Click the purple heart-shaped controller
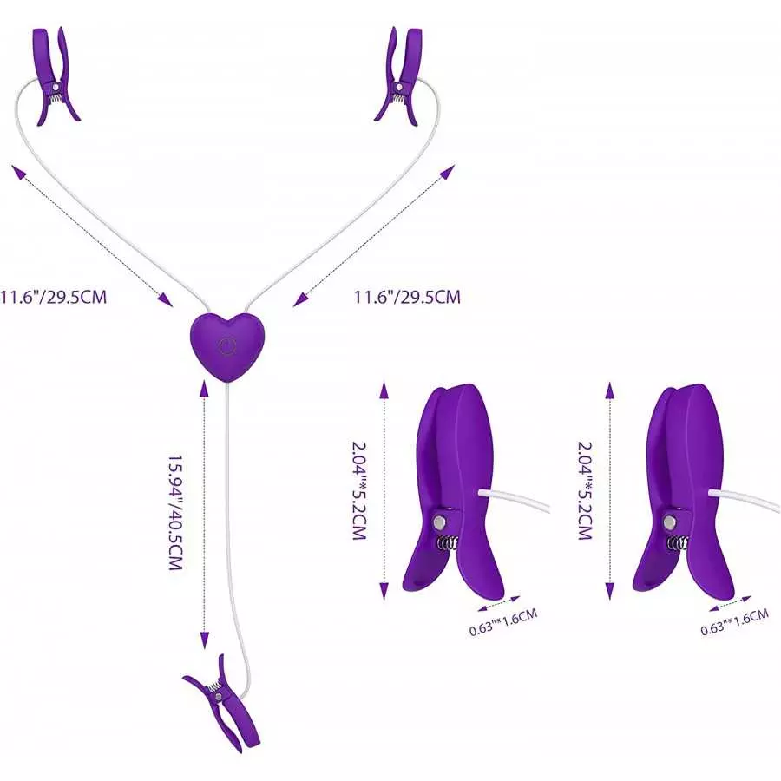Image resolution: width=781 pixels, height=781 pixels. click(227, 347)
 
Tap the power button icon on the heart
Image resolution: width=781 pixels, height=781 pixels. click(226, 346)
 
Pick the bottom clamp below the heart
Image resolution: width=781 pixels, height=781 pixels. click(221, 702)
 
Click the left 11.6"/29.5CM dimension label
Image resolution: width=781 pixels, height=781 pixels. click(53, 297)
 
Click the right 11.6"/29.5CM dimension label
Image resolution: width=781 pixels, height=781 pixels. click(407, 297)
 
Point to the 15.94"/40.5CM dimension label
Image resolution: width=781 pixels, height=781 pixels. click(175, 512)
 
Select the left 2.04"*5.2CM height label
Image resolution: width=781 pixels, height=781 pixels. click(359, 490)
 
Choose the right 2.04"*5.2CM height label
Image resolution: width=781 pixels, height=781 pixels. click(585, 490)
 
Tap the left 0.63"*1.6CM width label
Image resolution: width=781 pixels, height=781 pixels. click(503, 621)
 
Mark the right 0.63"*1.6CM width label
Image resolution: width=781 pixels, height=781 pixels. click(735, 622)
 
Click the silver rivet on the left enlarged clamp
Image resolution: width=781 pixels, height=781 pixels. click(439, 522)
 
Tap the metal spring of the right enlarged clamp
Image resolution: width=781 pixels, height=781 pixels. click(678, 543)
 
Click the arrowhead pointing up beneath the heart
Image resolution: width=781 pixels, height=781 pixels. click(203, 389)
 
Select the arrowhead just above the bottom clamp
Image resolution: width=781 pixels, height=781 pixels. click(204, 640)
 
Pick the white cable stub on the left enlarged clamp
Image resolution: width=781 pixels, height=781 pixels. click(514, 499)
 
